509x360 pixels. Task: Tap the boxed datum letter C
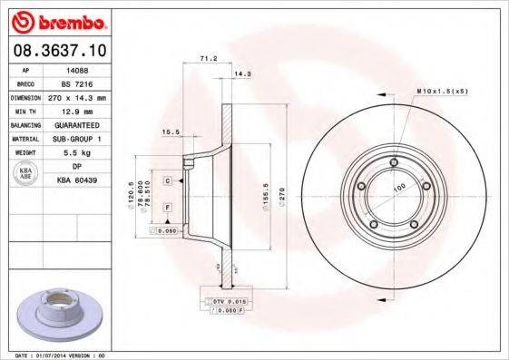click(x=168, y=181)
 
